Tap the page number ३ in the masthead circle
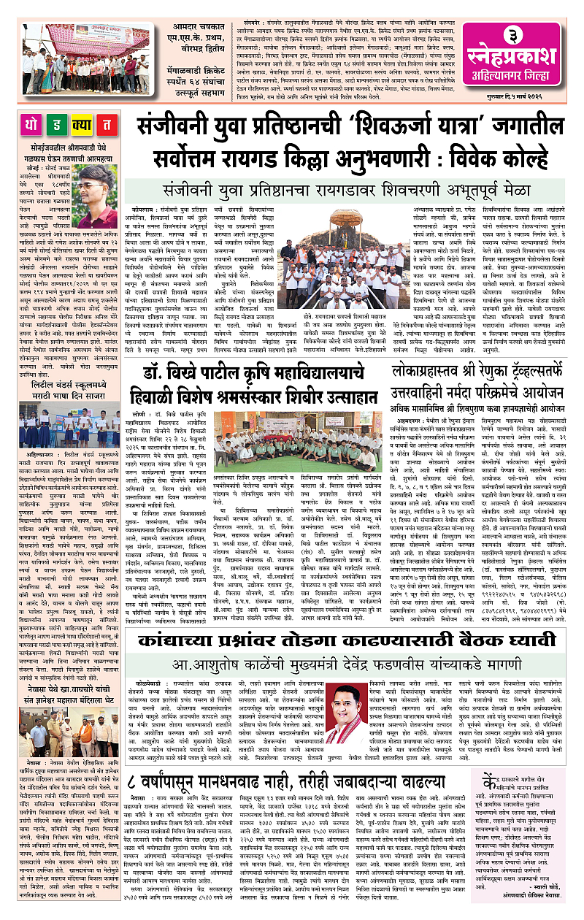(x=523, y=37)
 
